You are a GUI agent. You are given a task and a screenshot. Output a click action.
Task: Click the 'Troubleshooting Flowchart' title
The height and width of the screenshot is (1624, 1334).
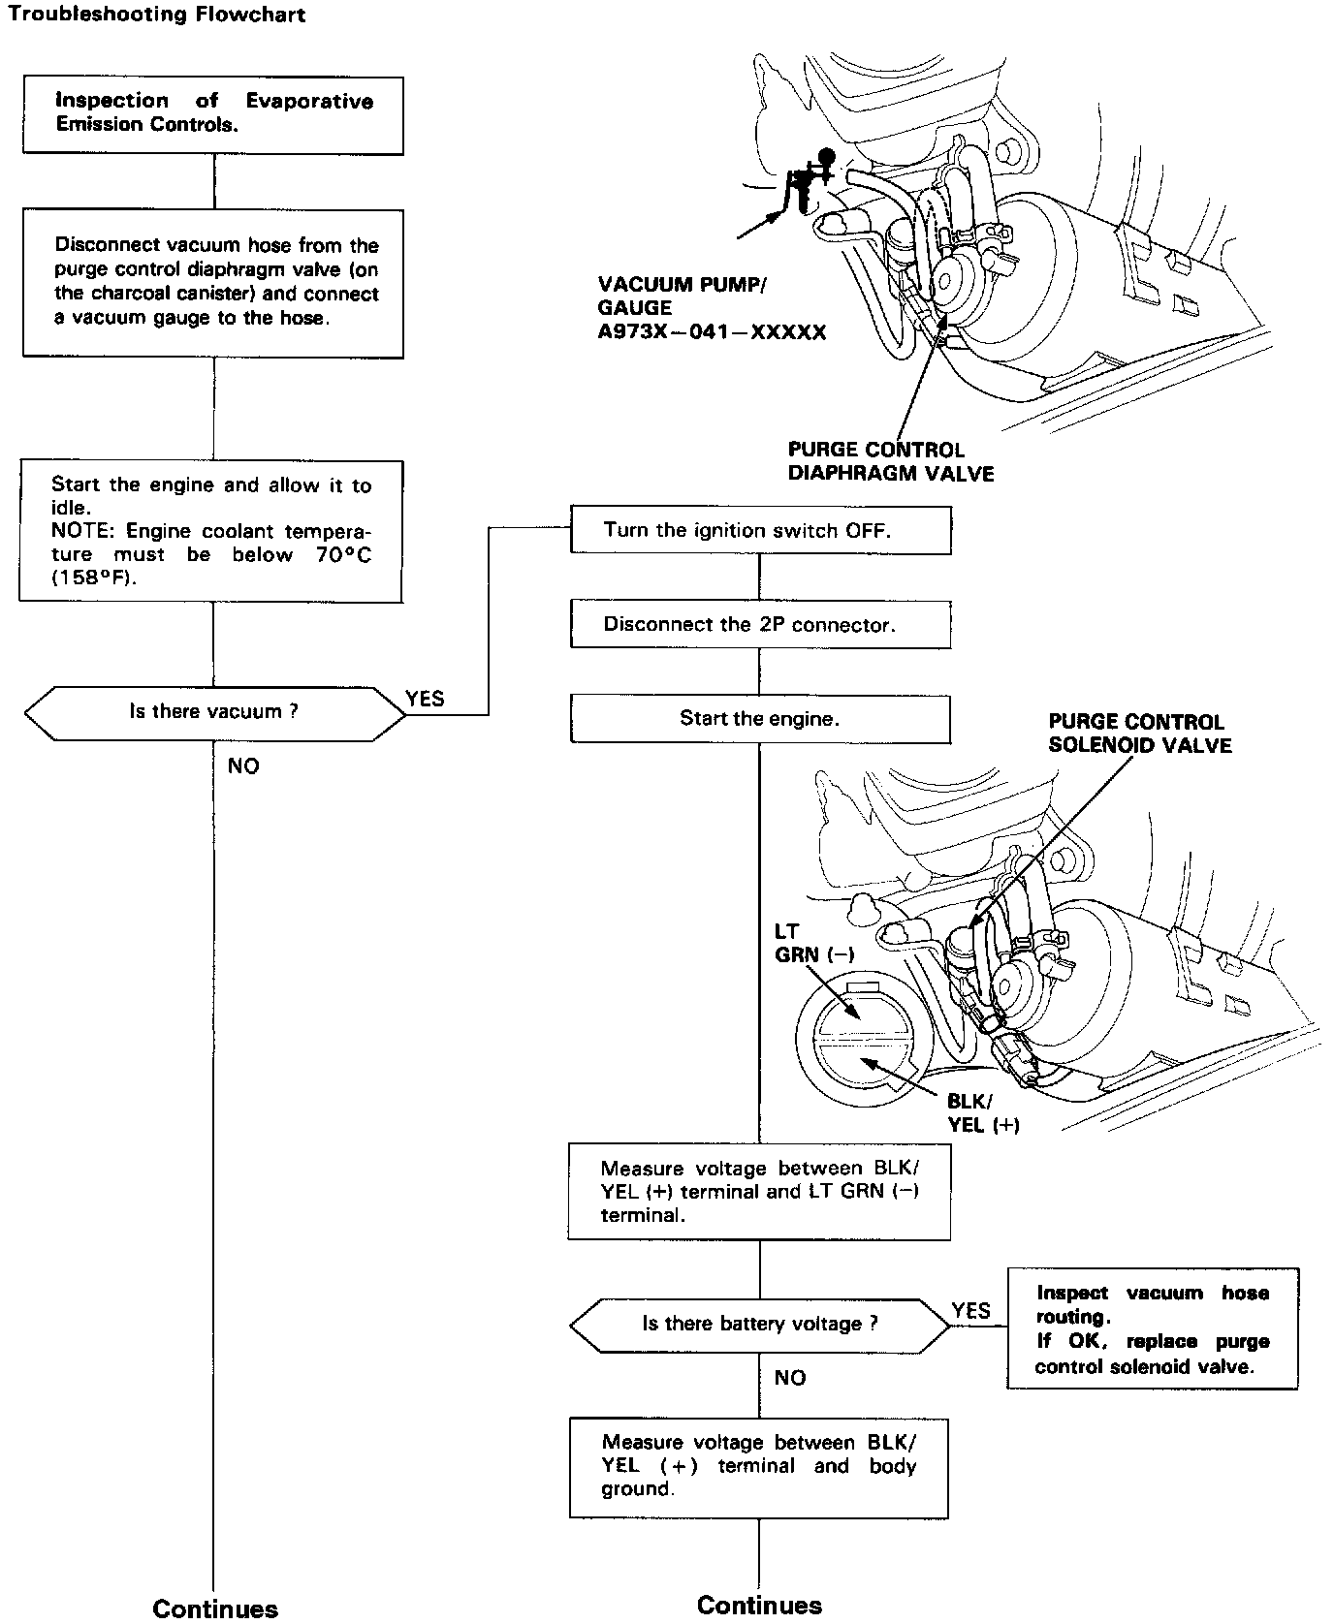click(157, 16)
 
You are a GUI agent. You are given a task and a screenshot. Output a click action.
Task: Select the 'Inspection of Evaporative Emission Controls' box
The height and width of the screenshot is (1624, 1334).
click(213, 112)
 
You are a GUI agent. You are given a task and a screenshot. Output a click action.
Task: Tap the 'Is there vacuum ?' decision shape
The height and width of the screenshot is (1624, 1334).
click(214, 712)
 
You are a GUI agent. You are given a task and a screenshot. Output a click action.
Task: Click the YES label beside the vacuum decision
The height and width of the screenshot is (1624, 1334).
click(425, 699)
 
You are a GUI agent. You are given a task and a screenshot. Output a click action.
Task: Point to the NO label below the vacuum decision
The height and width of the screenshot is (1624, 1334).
click(243, 766)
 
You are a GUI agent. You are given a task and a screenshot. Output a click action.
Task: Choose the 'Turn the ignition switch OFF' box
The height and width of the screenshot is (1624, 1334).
click(760, 530)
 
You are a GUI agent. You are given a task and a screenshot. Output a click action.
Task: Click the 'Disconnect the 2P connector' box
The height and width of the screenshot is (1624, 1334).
click(760, 624)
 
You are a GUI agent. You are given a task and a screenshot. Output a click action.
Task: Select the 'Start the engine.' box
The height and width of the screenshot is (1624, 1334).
click(760, 718)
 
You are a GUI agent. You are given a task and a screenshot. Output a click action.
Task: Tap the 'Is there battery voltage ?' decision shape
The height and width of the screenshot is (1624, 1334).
click(760, 1324)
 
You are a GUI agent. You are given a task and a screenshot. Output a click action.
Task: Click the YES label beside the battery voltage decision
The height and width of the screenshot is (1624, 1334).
click(970, 1311)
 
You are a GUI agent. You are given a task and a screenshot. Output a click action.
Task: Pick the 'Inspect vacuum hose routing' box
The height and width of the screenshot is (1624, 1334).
click(1152, 1328)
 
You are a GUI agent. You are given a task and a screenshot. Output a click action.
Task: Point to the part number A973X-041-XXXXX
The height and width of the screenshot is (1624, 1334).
click(713, 332)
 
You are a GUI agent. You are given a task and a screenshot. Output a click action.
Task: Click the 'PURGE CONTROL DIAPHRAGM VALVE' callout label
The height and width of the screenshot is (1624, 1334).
click(890, 461)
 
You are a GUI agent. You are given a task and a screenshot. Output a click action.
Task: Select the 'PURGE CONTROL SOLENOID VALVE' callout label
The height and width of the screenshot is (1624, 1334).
click(1139, 734)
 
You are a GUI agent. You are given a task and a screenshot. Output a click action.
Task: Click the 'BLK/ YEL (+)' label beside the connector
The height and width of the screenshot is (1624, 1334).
click(983, 1112)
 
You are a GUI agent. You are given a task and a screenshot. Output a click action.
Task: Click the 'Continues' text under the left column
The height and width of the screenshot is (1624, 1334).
click(215, 1608)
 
